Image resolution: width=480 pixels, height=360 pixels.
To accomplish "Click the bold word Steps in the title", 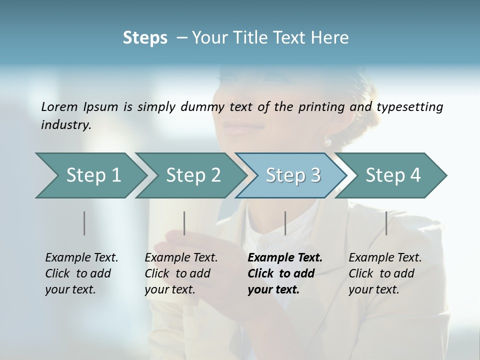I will [x=145, y=38].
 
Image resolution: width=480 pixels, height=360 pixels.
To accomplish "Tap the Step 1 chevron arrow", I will [x=90, y=175].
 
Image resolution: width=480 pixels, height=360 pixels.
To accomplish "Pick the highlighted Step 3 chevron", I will [x=292, y=175].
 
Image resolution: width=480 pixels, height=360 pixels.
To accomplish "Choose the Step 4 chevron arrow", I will [x=392, y=175].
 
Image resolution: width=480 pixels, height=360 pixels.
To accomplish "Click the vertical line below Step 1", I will [x=84, y=223].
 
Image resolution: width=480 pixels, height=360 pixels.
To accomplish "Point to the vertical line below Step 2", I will [x=184, y=223].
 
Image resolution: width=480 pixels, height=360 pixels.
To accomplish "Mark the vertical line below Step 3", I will [x=285, y=223].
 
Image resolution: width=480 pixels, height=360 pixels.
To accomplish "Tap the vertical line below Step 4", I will [x=386, y=223].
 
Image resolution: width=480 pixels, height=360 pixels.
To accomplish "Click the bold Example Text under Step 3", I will [x=285, y=258].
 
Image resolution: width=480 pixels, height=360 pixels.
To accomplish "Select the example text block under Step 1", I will [x=81, y=273].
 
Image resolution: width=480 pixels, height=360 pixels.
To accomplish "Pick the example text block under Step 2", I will [x=181, y=273].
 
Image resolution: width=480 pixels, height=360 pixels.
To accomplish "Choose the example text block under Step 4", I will [x=385, y=273].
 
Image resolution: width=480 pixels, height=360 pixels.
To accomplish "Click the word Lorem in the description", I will [x=59, y=107].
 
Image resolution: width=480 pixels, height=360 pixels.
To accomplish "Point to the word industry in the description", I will [x=66, y=125].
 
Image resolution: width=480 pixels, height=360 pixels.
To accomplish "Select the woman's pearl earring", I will [x=327, y=142].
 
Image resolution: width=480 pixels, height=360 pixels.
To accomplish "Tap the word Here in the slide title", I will [x=329, y=38].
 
